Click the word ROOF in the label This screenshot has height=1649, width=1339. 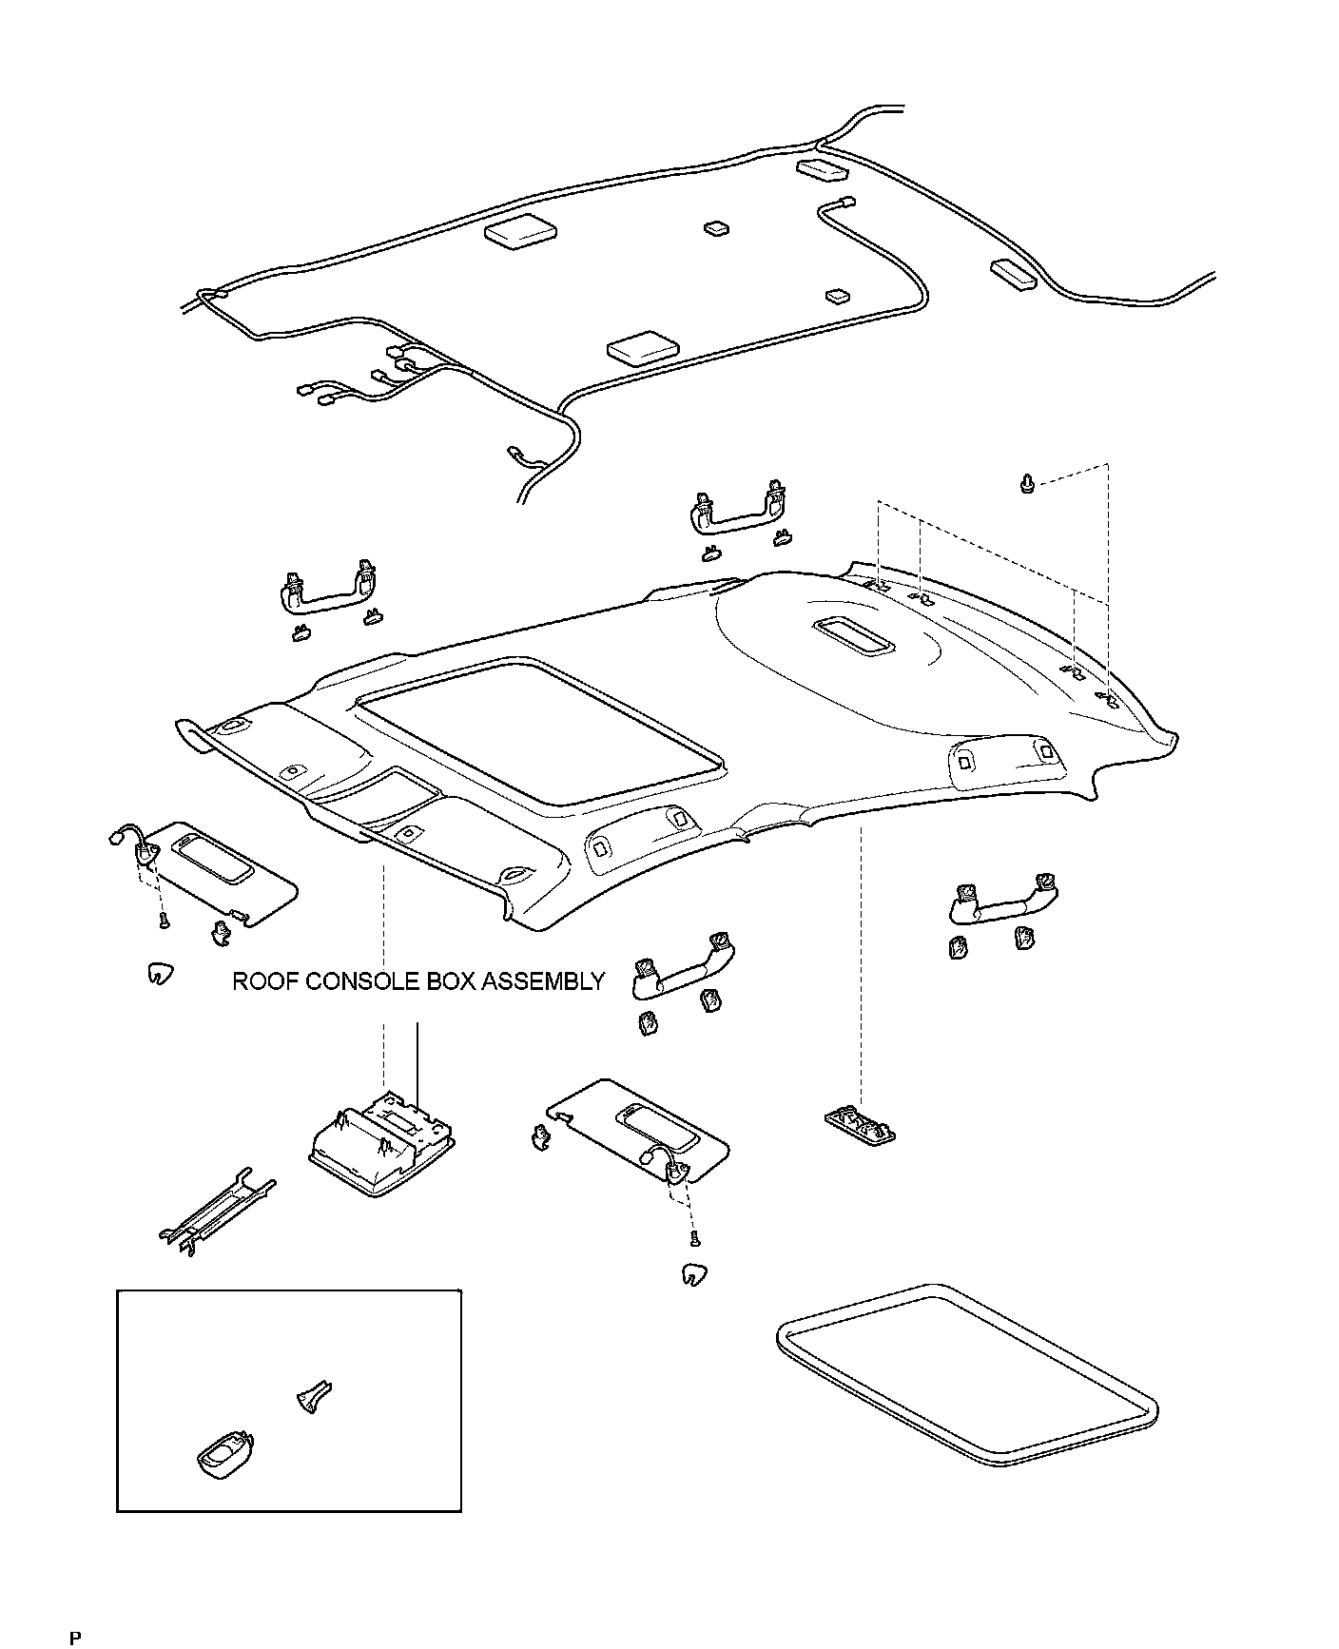(x=265, y=982)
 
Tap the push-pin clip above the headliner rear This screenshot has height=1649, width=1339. (x=1026, y=485)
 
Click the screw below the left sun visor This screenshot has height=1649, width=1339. (x=163, y=920)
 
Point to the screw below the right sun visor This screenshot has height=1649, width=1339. (x=694, y=1237)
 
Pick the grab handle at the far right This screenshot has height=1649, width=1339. (x=1005, y=900)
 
